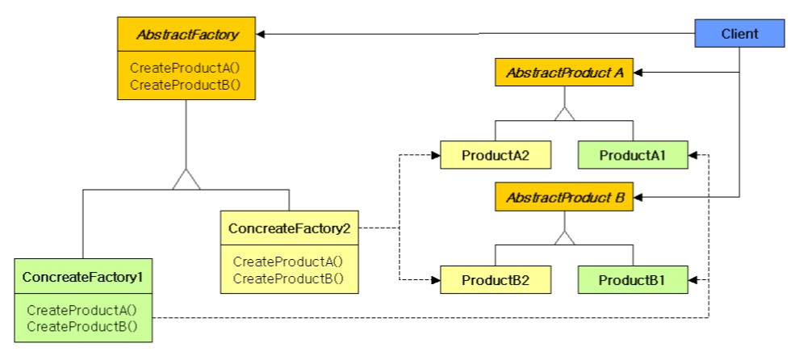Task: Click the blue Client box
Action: (x=740, y=33)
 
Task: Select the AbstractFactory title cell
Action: (x=186, y=35)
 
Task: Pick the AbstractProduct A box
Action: (x=564, y=73)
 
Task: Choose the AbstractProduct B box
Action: (x=564, y=196)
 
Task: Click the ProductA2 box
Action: (x=496, y=154)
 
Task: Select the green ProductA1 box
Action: (x=633, y=154)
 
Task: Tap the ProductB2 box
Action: (x=496, y=280)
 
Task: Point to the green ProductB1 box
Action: (x=633, y=280)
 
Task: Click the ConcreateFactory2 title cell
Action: (x=289, y=228)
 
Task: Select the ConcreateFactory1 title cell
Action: (x=82, y=277)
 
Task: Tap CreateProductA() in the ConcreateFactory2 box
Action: (x=288, y=262)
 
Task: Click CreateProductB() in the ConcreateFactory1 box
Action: (x=82, y=326)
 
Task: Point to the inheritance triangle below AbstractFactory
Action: (x=186, y=180)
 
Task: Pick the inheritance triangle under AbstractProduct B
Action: (x=564, y=237)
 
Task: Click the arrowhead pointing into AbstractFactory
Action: (x=262, y=34)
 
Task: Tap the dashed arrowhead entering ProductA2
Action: (x=435, y=153)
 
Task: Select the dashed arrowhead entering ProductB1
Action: (x=693, y=280)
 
